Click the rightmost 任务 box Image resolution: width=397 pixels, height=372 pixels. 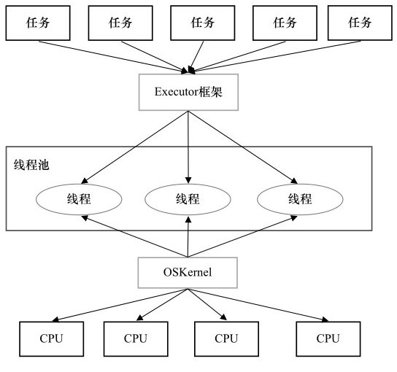360,23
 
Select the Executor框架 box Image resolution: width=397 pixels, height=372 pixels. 188,92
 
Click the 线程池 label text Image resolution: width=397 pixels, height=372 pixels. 32,166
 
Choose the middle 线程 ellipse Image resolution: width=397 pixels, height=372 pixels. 189,198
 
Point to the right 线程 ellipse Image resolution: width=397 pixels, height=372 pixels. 298,198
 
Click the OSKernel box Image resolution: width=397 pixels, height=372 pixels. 188,272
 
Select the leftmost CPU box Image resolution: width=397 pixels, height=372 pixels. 51,338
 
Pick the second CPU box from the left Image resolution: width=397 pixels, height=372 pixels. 135,338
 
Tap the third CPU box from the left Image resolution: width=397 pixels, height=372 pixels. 226,338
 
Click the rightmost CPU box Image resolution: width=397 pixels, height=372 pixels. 328,338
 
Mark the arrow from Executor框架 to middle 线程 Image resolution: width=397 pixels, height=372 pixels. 188,146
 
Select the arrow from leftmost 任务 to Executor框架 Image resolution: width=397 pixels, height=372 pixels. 109,54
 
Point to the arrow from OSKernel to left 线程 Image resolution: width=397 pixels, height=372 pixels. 135,236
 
